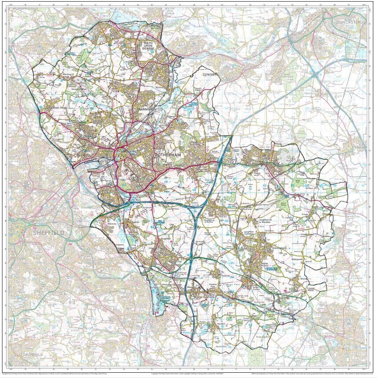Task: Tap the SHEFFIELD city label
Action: [48, 233]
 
